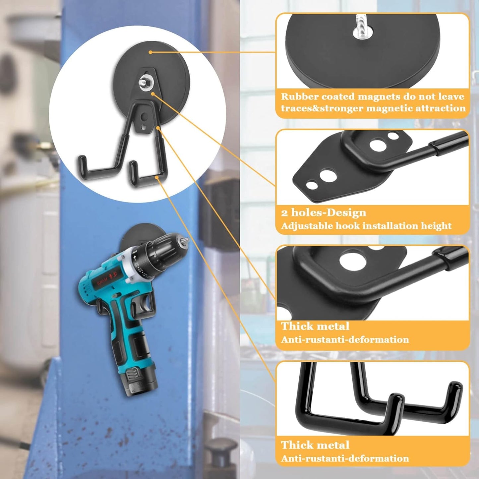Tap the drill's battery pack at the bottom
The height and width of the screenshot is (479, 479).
[x=139, y=381]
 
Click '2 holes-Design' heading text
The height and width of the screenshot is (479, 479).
[x=324, y=212]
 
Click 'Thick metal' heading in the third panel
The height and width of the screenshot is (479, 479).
[x=315, y=326]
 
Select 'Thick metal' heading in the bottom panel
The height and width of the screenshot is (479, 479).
[x=315, y=445]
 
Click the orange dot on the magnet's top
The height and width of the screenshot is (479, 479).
[x=150, y=52]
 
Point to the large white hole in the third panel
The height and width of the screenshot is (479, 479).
[x=353, y=261]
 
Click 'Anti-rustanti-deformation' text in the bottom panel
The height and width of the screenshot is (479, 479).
[x=345, y=458]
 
